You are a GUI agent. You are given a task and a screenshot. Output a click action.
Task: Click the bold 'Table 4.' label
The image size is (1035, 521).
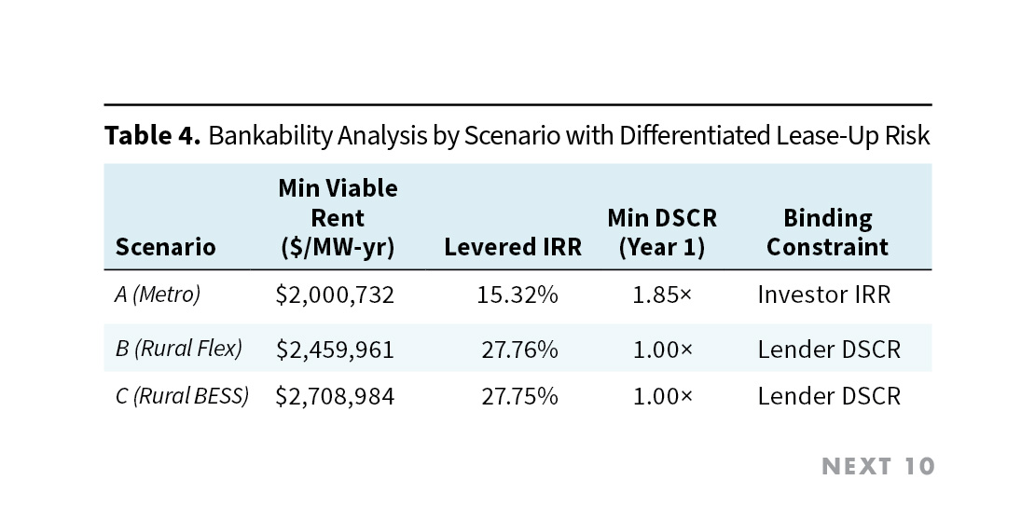(152, 136)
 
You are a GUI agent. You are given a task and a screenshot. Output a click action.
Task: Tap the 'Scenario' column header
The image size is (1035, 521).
(165, 247)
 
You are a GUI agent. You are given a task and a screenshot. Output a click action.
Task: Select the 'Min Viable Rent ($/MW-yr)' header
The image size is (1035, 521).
(337, 218)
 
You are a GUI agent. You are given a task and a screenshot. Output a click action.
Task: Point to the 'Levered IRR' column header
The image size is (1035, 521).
(512, 247)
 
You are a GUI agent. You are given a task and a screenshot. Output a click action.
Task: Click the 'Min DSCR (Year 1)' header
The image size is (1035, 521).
(661, 232)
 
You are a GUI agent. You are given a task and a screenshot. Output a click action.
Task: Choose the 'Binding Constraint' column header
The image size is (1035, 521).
(827, 232)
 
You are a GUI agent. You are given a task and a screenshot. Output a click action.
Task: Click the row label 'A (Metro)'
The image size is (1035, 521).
(158, 295)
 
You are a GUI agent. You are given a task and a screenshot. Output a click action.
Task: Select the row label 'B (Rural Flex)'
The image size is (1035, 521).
(178, 349)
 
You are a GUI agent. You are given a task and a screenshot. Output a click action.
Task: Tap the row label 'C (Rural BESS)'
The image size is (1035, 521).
(182, 395)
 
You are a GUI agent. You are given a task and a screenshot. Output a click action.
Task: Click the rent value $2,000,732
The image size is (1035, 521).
(335, 295)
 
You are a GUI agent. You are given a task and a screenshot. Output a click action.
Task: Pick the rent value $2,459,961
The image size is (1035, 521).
(335, 350)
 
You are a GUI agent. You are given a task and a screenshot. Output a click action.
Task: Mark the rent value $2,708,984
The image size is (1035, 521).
(335, 396)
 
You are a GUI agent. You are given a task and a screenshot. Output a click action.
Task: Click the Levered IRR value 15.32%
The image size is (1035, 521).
(519, 295)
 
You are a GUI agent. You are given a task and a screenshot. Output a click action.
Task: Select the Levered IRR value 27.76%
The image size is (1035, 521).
(519, 350)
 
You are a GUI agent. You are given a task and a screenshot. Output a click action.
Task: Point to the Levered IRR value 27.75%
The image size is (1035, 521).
(519, 396)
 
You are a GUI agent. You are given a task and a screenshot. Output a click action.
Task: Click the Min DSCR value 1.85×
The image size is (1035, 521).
(662, 295)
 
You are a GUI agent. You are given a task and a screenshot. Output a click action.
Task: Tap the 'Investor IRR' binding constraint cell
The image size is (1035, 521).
(823, 295)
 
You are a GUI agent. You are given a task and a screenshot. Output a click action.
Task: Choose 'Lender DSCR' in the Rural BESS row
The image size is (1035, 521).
(829, 396)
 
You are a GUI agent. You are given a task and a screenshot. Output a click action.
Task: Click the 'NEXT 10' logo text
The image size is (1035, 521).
(877, 466)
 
